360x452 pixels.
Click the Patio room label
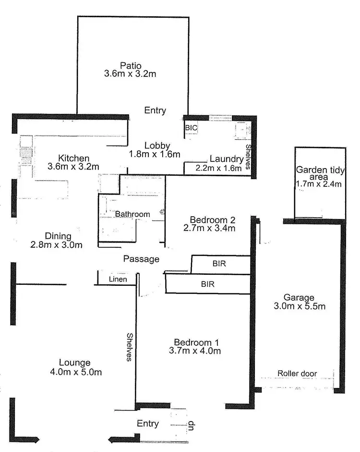(131, 65)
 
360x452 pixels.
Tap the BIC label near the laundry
(191, 128)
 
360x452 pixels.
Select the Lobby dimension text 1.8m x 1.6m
(155, 154)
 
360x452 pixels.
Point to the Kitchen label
(73, 158)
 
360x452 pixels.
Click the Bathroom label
(132, 214)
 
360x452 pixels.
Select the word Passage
(141, 259)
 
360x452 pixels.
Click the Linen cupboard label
(117, 279)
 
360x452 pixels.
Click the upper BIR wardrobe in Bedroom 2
(221, 263)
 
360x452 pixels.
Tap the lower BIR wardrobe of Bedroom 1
(207, 284)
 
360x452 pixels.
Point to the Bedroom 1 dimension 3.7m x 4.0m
(197, 351)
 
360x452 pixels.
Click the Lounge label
(74, 363)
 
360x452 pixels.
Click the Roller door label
(297, 373)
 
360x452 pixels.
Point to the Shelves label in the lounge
(129, 347)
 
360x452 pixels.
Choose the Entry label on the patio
(155, 110)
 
